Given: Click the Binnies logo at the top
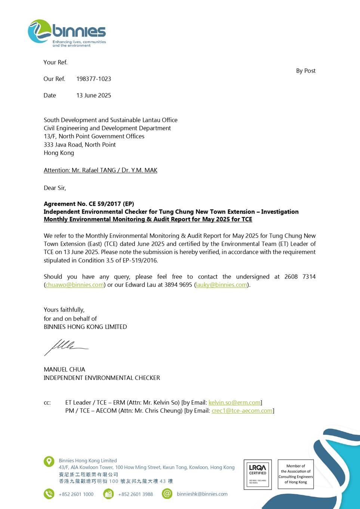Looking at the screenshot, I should pyautogui.click(x=67, y=33).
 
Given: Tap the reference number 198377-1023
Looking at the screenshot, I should pyautogui.click(x=93, y=79).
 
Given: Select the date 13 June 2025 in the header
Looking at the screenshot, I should pyautogui.click(x=93, y=95).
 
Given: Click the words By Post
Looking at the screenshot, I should pyautogui.click(x=305, y=71).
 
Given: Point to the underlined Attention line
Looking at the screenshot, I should pyautogui.click(x=100, y=170).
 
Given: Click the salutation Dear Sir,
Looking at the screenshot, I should pyautogui.click(x=55, y=188).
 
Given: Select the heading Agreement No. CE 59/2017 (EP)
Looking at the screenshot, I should pyautogui.click(x=89, y=204).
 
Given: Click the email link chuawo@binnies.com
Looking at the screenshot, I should pyautogui.click(x=75, y=285).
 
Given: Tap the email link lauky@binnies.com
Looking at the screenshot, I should pyautogui.click(x=222, y=285).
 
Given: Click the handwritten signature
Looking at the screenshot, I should pyautogui.click(x=65, y=347).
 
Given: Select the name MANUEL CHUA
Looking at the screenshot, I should pyautogui.click(x=64, y=370).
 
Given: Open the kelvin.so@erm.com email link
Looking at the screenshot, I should pyautogui.click(x=234, y=403).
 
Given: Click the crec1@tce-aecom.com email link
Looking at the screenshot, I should pyautogui.click(x=242, y=411).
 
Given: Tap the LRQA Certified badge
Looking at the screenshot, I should pyautogui.click(x=258, y=474).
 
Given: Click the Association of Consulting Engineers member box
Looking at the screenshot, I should pyautogui.click(x=295, y=474).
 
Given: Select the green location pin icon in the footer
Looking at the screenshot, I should pyautogui.click(x=49, y=462).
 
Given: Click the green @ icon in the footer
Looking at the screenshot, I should pyautogui.click(x=167, y=494).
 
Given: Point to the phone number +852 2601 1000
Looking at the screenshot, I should pyautogui.click(x=76, y=494).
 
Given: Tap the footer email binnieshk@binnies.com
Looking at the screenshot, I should pyautogui.click(x=202, y=494).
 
